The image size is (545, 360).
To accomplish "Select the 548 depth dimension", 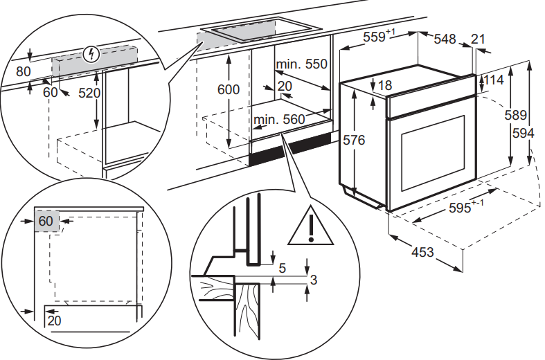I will tap(445, 39).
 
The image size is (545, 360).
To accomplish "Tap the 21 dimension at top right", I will tap(478, 39).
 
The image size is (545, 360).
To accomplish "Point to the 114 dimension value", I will tap(493, 80).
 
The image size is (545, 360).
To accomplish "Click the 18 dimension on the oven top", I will tap(385, 85).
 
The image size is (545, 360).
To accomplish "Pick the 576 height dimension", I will tap(353, 140).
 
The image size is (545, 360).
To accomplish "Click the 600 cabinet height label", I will tap(228, 90).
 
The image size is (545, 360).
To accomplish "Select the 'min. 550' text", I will tap(301, 64).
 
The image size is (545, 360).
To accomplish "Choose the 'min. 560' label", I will tap(279, 120).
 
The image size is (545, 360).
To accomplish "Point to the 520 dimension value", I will tap(89, 92).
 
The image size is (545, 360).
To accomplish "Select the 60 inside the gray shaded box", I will tap(46, 222).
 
